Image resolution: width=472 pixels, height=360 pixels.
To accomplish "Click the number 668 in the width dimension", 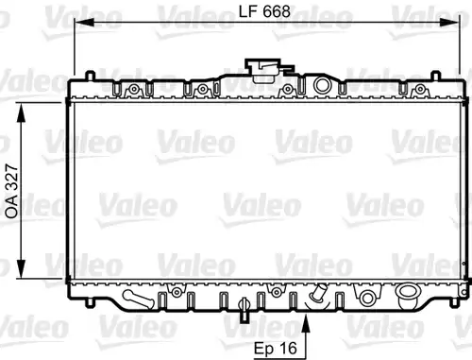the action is coord(277,11).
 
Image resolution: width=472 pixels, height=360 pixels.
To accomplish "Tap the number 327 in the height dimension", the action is coord(12,178).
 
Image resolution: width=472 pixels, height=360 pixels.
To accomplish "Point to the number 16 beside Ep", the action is coord(288,348).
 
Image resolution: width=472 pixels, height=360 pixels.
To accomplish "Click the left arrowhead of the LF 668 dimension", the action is coord(84,23).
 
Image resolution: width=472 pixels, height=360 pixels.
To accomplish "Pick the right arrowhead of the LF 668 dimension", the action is coord(449,23).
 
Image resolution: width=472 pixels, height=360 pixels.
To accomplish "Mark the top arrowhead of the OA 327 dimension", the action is coord(21,112).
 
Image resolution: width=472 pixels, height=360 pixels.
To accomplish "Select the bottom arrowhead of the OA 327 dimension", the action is coord(21,268).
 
